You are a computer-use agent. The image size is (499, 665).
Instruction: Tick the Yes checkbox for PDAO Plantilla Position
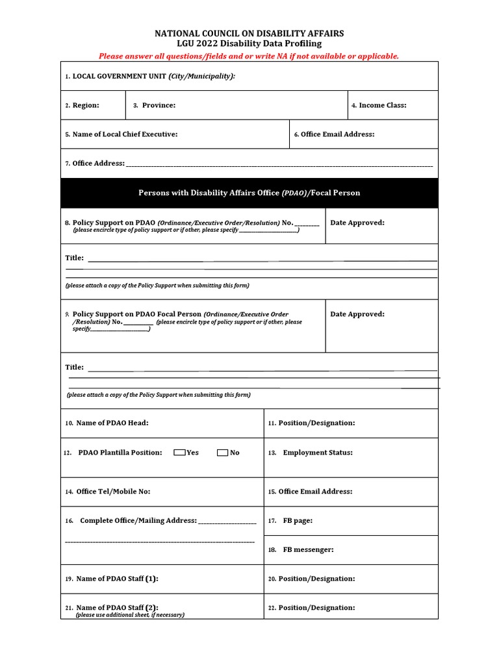click(x=179, y=453)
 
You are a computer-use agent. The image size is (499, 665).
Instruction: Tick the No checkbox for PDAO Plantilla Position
click(x=223, y=453)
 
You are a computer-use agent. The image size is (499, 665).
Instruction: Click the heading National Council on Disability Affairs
click(x=249, y=33)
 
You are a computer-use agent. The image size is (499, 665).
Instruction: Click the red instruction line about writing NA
click(x=249, y=56)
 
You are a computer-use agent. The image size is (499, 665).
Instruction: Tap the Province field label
click(x=159, y=105)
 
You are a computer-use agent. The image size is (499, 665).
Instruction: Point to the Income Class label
click(x=383, y=105)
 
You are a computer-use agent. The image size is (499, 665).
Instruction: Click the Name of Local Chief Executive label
click(x=125, y=134)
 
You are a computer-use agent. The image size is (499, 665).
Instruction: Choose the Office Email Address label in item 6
click(x=337, y=134)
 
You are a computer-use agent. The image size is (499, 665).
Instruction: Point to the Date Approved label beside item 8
click(x=357, y=223)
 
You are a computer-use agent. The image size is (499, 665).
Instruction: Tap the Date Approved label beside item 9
click(x=357, y=314)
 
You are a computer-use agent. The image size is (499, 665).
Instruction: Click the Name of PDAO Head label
click(x=112, y=423)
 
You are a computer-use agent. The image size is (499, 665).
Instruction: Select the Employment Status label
click(x=318, y=453)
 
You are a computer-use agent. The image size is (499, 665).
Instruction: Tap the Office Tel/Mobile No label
click(x=113, y=492)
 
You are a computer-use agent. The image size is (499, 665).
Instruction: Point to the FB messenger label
click(x=308, y=549)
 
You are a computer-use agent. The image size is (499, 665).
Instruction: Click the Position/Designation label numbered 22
click(x=316, y=608)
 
